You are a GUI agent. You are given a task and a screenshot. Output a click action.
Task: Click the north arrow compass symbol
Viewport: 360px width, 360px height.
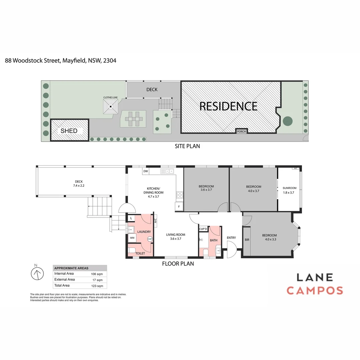click(38, 274)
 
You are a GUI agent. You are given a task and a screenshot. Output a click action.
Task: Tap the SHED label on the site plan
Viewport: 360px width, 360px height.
click(69, 131)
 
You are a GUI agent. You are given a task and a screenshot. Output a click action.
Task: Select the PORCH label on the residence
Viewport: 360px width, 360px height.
click(241, 131)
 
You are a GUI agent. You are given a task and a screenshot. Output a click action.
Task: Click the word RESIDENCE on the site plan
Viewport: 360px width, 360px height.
click(228, 106)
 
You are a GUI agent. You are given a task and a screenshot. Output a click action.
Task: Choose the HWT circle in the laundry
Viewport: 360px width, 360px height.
click(150, 239)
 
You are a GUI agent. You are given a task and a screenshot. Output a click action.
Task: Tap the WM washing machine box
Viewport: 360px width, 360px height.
click(132, 238)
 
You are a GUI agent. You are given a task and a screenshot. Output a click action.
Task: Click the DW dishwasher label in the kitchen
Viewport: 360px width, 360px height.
click(145, 171)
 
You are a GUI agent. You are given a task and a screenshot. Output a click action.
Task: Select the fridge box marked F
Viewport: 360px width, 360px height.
click(179, 207)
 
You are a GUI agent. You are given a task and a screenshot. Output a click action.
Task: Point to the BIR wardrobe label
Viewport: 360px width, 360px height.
click(247, 240)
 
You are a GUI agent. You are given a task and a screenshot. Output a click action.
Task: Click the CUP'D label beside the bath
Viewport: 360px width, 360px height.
click(203, 229)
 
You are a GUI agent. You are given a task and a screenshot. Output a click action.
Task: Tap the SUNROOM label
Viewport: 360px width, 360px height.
click(289, 188)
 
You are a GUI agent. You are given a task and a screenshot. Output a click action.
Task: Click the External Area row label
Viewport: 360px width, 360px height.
click(65, 280)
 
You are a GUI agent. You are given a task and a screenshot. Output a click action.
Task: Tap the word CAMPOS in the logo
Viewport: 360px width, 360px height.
click(315, 290)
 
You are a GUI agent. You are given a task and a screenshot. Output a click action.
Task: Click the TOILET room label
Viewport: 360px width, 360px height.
click(140, 254)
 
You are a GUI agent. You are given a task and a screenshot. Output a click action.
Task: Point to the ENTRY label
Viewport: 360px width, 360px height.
click(231, 238)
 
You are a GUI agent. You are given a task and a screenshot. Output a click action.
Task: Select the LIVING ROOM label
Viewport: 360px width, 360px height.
click(176, 235)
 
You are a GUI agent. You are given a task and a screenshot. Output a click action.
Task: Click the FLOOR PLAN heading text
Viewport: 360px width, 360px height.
click(178, 264)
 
